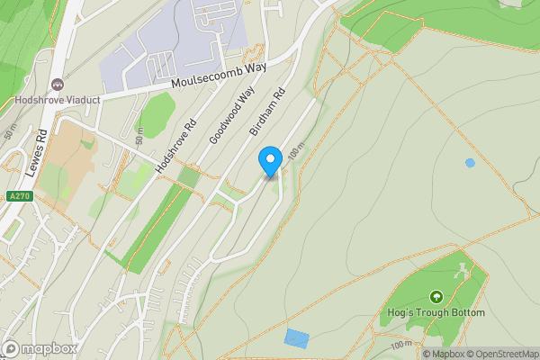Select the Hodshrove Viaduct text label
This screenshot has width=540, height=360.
tap(57, 100)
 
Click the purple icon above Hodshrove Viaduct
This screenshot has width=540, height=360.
tap(58, 85)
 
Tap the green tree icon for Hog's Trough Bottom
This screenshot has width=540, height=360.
tap(437, 296)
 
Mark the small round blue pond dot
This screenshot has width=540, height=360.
tap(470, 163)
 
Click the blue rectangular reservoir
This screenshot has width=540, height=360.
tap(296, 338)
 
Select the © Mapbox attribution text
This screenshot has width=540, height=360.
tap(443, 353)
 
